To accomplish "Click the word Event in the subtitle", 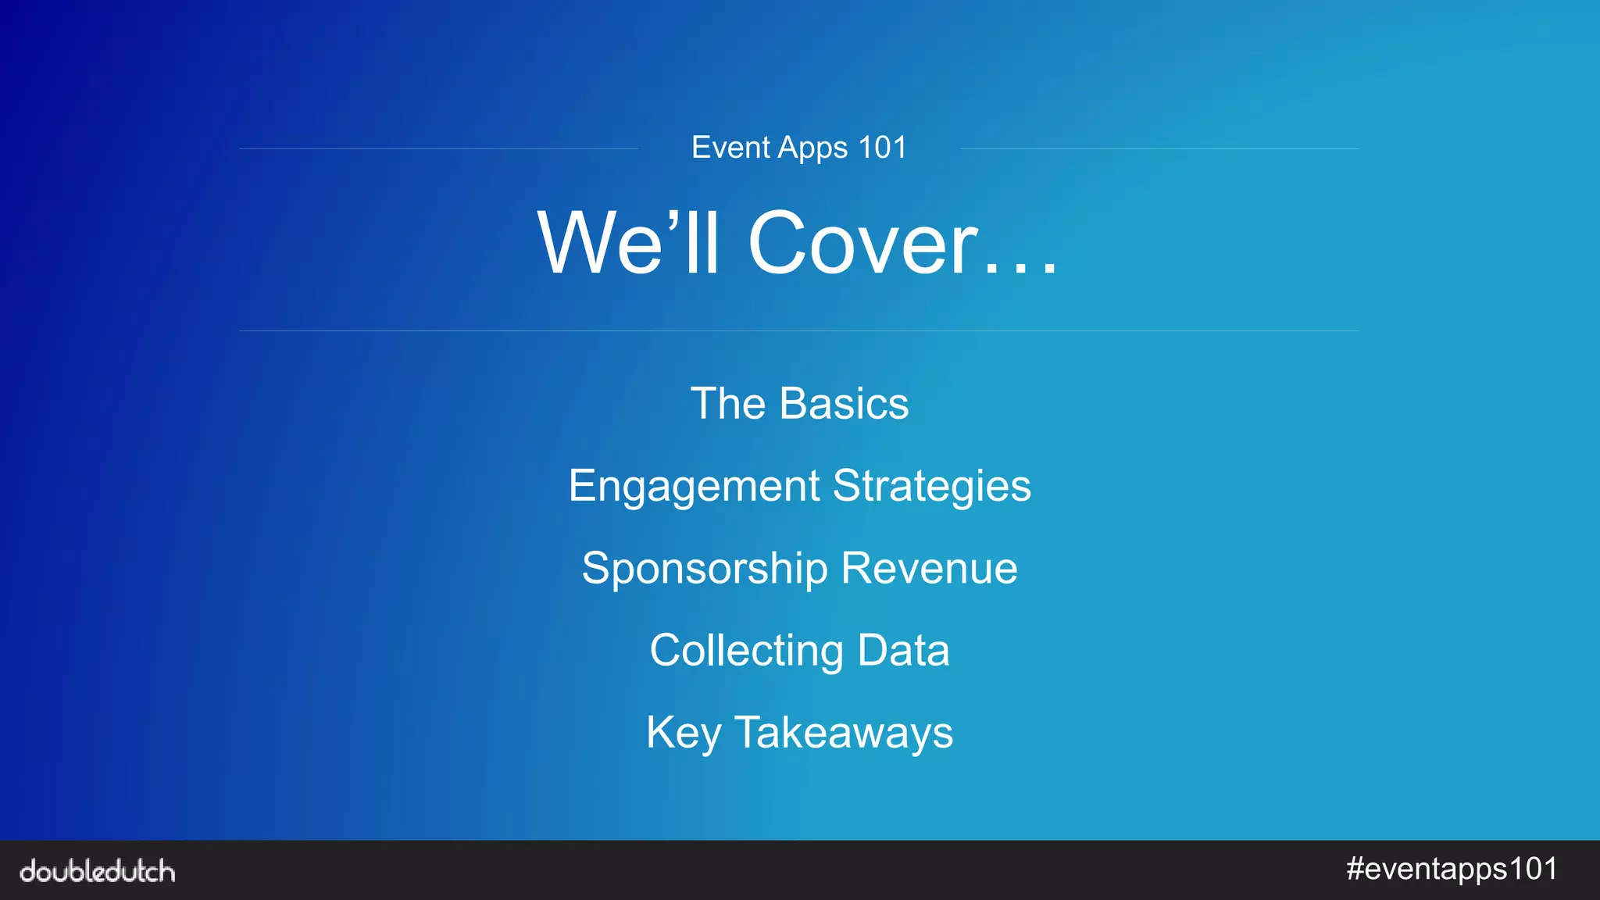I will point(730,148).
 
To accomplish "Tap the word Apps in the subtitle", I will point(813,148).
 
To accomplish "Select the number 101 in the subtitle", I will point(882,148).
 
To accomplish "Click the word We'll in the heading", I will point(628,243).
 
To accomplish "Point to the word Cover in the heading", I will point(863,243).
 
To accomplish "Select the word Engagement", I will point(694,486).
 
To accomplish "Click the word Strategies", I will point(932,486).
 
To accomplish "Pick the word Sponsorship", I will point(705,568).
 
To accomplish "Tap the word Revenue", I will point(930,568).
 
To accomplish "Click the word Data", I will point(903,650).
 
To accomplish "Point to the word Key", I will point(684,733).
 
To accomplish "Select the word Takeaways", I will point(844,733).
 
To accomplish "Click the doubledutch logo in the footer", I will point(98,870).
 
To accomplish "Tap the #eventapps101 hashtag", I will point(1452,870).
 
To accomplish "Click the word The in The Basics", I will point(728,403).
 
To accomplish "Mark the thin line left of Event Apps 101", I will point(438,148).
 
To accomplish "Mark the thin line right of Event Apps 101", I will point(1159,148).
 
